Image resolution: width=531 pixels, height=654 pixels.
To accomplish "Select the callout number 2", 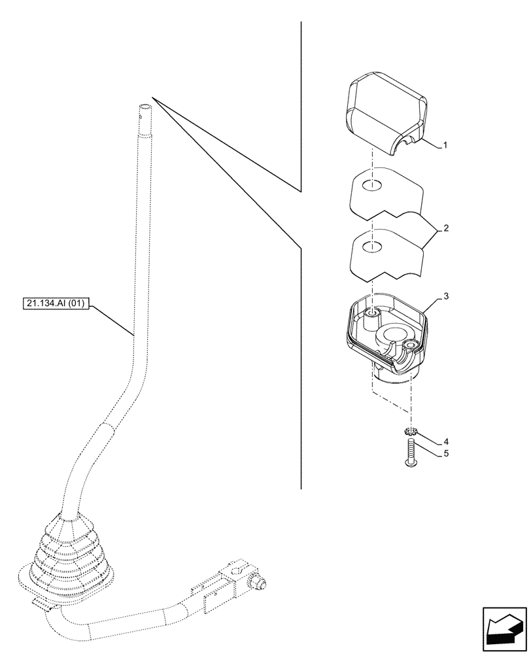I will coord(445,229).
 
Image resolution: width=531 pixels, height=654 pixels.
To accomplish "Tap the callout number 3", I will coord(445,296).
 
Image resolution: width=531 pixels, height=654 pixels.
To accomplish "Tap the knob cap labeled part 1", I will coord(385,114).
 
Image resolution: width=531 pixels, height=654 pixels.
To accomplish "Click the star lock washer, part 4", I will coord(411,432).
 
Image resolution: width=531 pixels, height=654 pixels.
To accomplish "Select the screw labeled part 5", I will coord(411,453).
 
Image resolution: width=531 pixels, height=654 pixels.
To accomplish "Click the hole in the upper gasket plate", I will coord(371,185).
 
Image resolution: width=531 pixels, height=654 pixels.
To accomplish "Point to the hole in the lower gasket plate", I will coord(371,247).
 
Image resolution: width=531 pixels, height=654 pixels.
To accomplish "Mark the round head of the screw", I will coord(411,464).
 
